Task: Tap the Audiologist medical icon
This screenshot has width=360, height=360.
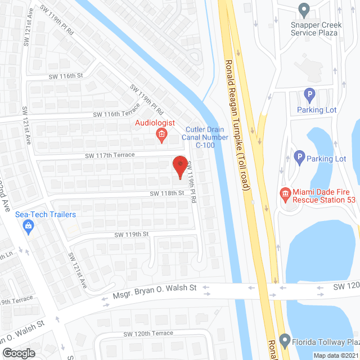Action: click(161, 134)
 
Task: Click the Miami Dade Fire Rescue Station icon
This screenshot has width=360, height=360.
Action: click(285, 194)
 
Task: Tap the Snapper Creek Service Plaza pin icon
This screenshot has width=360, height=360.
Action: click(304, 10)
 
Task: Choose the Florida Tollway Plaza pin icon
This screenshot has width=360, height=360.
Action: click(286, 341)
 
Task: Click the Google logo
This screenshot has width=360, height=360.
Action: click(18, 353)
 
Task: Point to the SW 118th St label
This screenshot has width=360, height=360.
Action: click(166, 193)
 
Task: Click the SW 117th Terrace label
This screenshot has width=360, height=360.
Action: click(110, 155)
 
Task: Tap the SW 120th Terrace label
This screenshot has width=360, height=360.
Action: click(148, 333)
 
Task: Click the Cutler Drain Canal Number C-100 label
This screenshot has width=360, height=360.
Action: click(206, 137)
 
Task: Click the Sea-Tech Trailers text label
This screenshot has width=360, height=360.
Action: click(46, 214)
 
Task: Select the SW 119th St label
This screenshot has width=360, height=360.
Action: click(131, 233)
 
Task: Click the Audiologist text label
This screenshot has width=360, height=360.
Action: click(155, 123)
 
